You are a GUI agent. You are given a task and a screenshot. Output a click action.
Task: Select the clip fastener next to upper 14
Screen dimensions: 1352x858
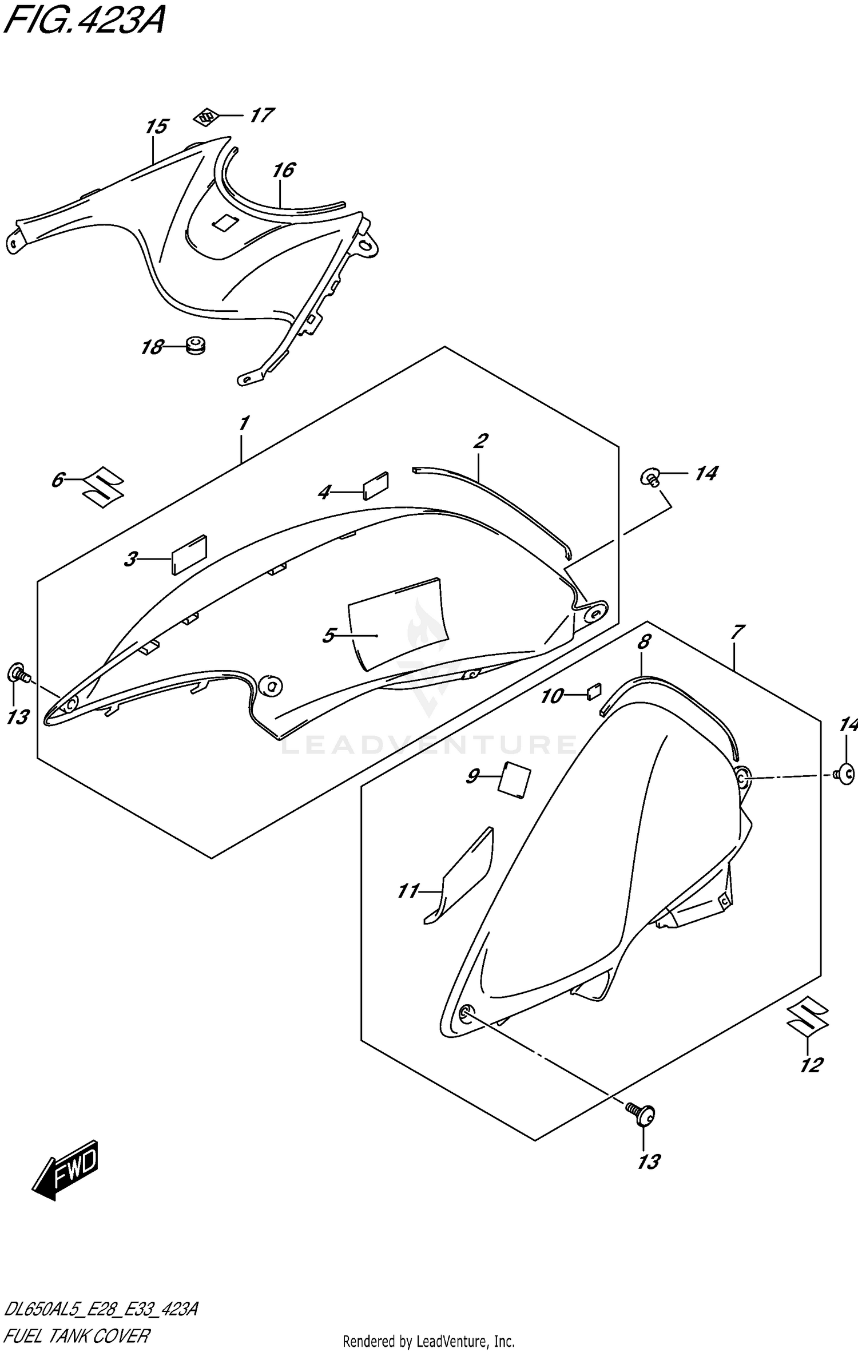click(x=652, y=476)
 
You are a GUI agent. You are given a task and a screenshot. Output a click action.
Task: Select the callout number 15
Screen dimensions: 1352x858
click(x=156, y=126)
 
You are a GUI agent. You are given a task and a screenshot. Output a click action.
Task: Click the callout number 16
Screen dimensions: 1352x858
click(x=284, y=170)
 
